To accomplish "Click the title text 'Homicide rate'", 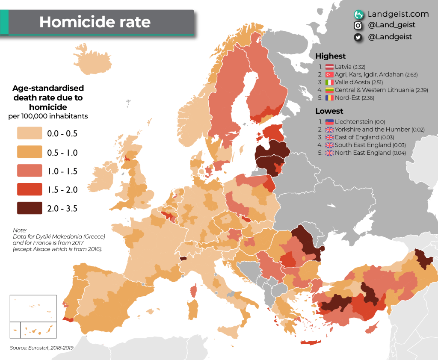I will pyautogui.click(x=95, y=22).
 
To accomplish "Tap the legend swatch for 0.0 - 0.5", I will pyautogui.click(x=30, y=133).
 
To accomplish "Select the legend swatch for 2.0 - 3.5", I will pyautogui.click(x=30, y=208).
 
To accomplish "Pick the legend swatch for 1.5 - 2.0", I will pyautogui.click(x=30, y=189).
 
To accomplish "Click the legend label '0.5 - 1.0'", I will pyautogui.click(x=62, y=152).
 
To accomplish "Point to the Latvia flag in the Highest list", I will pyautogui.click(x=329, y=67).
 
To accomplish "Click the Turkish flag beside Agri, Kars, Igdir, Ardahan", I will pyautogui.click(x=329, y=74).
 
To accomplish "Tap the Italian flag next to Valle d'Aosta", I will pyautogui.click(x=329, y=82).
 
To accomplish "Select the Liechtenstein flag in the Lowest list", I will pyautogui.click(x=329, y=121).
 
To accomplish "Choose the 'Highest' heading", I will pyautogui.click(x=330, y=56).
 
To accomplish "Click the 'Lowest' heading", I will pyautogui.click(x=329, y=111).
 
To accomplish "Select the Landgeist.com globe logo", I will pyautogui.click(x=358, y=14).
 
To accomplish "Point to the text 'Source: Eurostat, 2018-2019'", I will pyautogui.click(x=41, y=348).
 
